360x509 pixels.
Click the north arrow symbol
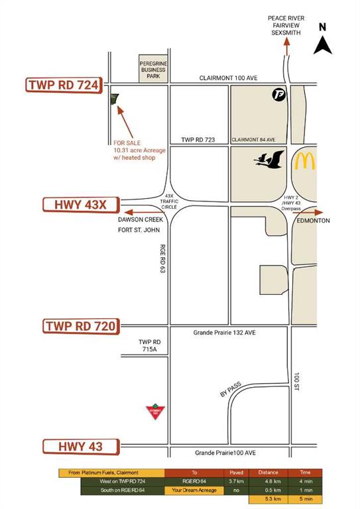[x=323, y=45]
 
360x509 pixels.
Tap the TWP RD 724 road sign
[x=63, y=85]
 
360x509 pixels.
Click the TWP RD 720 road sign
[x=81, y=326]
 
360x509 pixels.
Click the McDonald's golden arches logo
[x=306, y=161]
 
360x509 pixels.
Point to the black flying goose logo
[x=269, y=160]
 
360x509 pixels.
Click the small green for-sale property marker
[x=113, y=100]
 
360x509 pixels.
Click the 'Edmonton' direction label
[x=314, y=221]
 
